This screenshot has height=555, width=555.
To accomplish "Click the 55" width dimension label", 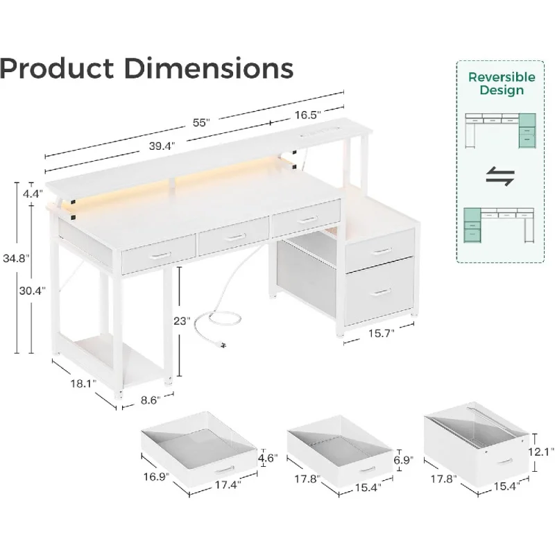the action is tap(201, 123).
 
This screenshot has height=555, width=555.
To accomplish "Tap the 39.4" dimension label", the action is tap(162, 146).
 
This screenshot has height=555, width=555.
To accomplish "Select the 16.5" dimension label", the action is tap(308, 115).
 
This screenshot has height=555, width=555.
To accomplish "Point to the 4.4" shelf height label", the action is tap(33, 194).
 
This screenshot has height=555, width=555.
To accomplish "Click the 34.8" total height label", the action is tap(16, 258).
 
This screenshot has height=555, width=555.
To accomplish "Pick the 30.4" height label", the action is tap(33, 291).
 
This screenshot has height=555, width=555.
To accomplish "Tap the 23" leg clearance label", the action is tap(182, 321).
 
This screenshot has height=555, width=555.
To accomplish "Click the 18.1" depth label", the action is tap(83, 384).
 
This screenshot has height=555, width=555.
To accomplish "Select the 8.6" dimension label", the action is tap(151, 400).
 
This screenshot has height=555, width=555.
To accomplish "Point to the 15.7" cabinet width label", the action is tap(381, 334).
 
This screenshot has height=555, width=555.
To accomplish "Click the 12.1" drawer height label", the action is tap(541, 452).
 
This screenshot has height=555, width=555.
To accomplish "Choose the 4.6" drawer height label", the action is tap(268, 459).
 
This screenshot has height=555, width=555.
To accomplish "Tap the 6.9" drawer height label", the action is tap(404, 460).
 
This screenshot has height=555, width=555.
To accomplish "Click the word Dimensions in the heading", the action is tap(209, 68).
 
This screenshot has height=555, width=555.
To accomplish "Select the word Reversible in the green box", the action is tap(502, 77).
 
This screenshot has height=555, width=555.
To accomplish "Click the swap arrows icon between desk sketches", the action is tap(500, 177).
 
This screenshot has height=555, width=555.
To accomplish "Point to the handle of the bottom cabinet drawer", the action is tap(380, 292).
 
